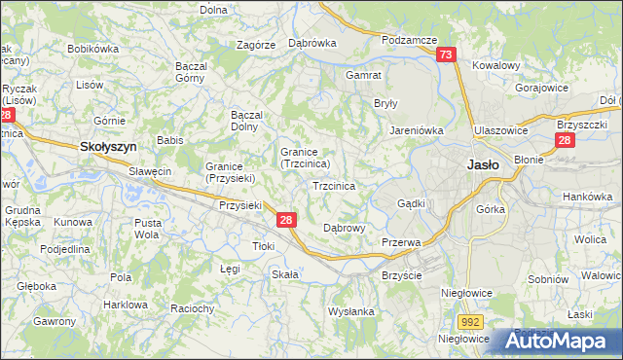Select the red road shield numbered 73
pos(446,56)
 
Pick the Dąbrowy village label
pos(343,229)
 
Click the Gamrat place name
pos(363,74)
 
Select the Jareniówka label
pos(417,128)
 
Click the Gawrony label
pos(55,321)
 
